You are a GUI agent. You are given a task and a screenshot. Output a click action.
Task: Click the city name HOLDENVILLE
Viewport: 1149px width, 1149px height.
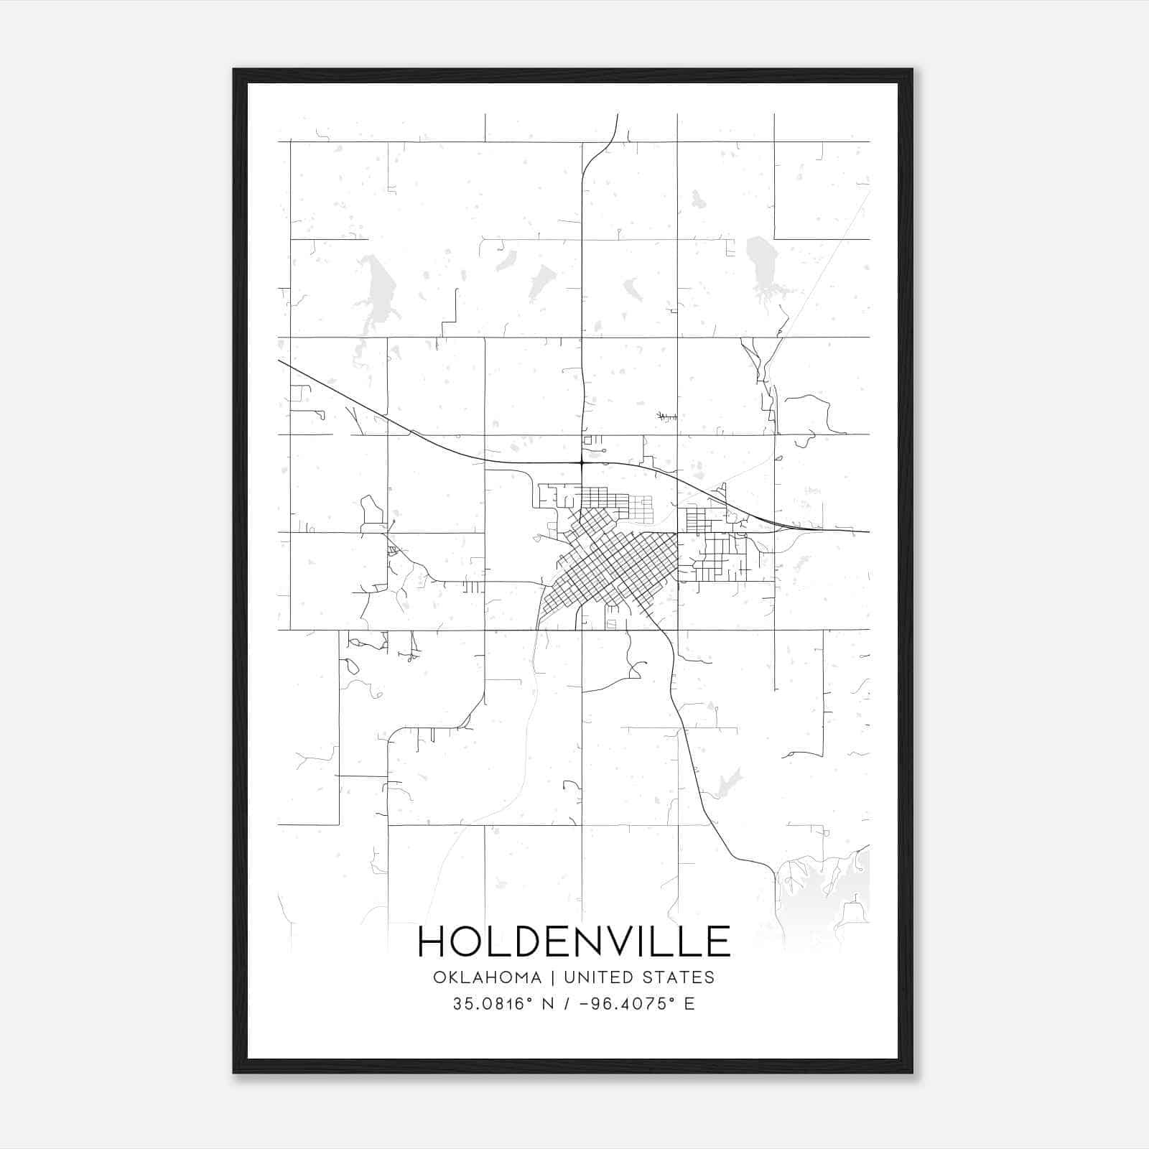[574, 941]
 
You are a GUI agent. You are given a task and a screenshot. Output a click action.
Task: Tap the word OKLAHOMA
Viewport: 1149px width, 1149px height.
[487, 977]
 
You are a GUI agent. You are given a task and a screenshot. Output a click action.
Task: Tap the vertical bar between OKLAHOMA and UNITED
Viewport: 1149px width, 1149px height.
[553, 977]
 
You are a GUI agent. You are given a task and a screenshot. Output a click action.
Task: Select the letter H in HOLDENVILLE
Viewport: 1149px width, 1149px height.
[432, 941]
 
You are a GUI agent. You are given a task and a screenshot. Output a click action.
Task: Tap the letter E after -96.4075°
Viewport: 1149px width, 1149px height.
[689, 1004]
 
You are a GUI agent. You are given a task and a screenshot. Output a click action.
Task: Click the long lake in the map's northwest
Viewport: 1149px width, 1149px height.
[374, 291]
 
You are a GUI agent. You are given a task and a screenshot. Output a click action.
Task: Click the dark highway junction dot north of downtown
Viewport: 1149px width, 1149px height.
[581, 463]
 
